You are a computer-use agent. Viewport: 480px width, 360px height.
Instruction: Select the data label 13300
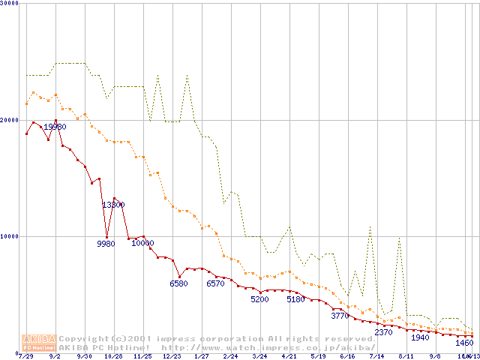click(x=113, y=205)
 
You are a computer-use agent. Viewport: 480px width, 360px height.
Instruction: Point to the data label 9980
click(x=106, y=244)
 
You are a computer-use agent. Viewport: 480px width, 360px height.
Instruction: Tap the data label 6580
click(x=179, y=283)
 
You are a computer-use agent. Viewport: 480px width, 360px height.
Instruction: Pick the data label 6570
click(x=215, y=283)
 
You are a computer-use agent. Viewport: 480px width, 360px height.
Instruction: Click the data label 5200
click(x=259, y=299)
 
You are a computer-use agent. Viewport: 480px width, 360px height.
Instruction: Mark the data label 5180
click(x=296, y=299)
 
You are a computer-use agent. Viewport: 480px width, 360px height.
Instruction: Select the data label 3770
click(x=340, y=316)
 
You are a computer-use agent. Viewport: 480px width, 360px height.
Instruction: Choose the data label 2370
click(x=383, y=332)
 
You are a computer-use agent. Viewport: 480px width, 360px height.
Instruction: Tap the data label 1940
click(x=420, y=337)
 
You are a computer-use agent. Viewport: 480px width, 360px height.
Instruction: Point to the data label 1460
click(x=465, y=343)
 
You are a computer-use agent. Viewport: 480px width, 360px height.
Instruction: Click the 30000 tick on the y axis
click(x=10, y=3)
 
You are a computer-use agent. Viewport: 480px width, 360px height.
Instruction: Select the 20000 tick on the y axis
click(x=10, y=120)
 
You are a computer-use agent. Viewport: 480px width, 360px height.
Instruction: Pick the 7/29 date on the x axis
click(x=26, y=356)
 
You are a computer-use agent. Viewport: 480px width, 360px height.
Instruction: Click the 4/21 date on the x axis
click(x=289, y=356)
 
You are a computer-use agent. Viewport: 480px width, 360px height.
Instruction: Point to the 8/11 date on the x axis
click(x=406, y=356)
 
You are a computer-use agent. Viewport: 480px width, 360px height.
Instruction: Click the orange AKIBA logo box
click(x=39, y=343)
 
